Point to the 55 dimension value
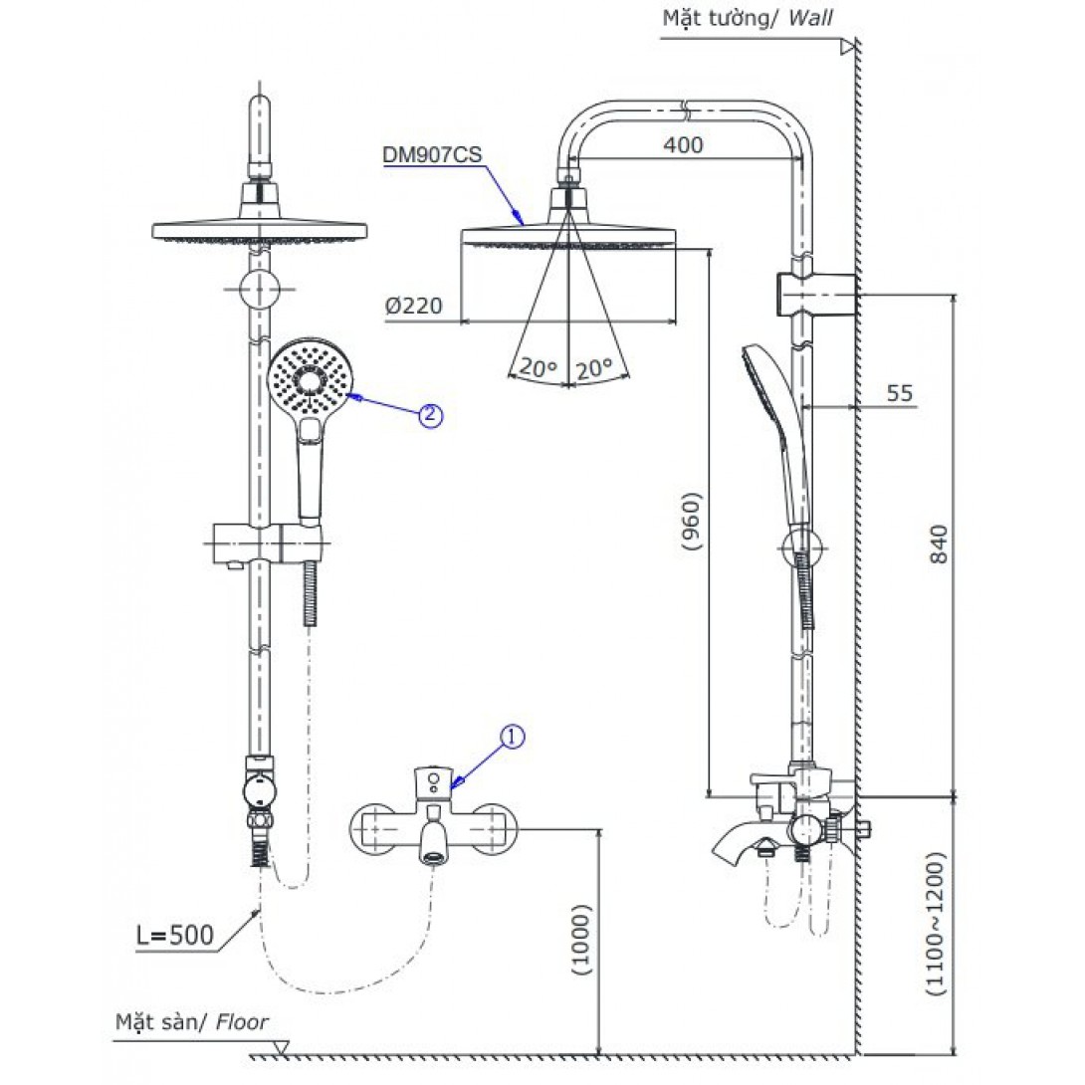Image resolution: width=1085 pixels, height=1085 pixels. [x=899, y=393]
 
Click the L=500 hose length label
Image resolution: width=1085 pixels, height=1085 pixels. [x=175, y=935]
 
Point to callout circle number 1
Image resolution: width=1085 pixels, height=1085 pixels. [x=511, y=738]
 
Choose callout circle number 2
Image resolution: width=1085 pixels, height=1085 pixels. [x=429, y=416]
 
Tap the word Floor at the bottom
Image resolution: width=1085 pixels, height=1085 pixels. [x=242, y=1020]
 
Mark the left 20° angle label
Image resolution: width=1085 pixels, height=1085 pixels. [x=538, y=368]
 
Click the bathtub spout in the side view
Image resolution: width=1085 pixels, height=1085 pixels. [x=736, y=850]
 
